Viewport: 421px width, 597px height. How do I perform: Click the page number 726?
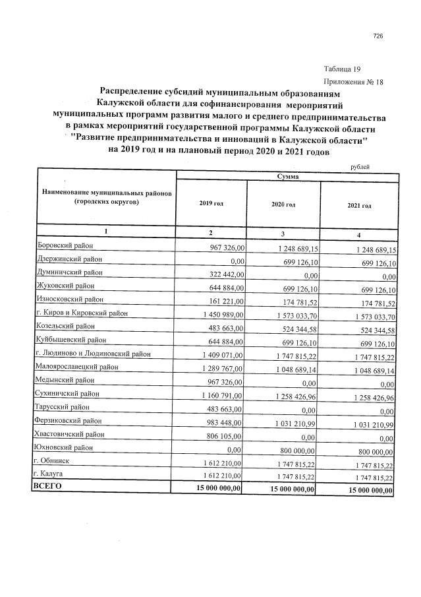pos(378,36)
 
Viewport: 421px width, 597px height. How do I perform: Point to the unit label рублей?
pos(358,167)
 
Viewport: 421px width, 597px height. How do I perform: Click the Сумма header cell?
pos(287,177)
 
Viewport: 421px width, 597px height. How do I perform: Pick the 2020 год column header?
pos(283,205)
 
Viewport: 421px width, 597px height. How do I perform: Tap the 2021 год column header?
pos(359,206)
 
